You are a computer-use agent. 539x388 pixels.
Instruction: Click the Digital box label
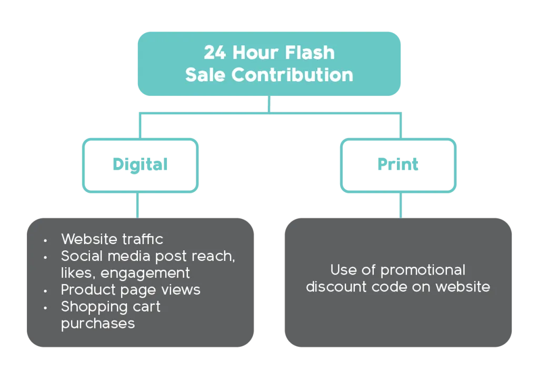[139, 165]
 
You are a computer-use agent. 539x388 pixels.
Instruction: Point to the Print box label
[398, 165]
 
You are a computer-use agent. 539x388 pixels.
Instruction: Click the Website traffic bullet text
[112, 239]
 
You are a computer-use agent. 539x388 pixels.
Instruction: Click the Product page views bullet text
[131, 290]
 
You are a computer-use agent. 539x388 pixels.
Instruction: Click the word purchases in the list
[98, 323]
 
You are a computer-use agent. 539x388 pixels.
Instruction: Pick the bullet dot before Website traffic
[46, 240]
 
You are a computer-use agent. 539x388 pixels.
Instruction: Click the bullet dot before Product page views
[46, 291]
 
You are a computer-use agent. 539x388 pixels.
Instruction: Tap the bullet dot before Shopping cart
[46, 307]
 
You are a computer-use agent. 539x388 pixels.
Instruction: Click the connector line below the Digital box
[138, 204]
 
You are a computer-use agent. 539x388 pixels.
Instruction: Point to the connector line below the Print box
[401, 204]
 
